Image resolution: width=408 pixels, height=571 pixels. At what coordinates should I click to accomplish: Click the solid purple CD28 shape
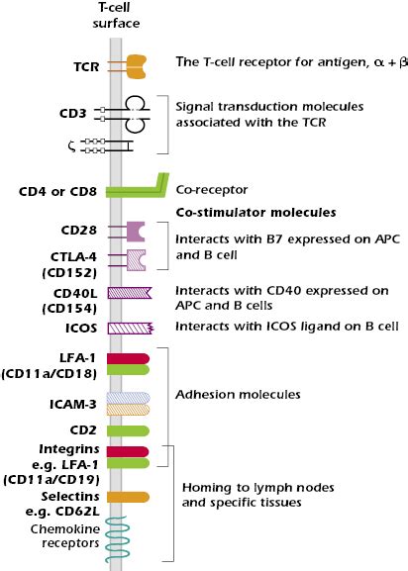coord(135,231)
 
